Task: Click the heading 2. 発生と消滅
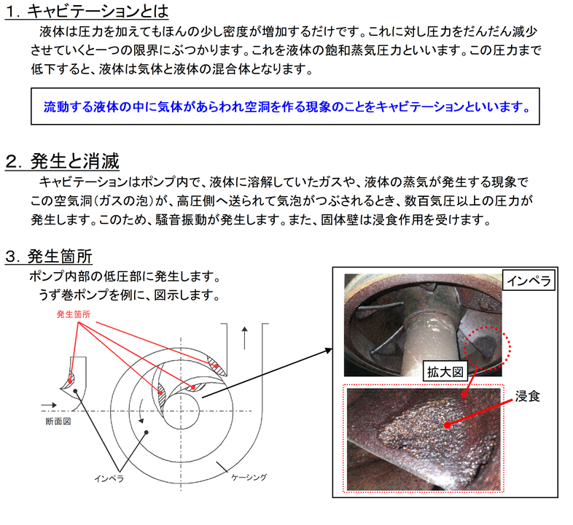pos(63,161)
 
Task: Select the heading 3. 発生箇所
pos(49,256)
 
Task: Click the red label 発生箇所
pos(74,314)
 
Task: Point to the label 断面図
pos(58,421)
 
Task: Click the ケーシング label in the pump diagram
pos(249,478)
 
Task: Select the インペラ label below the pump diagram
pos(109,478)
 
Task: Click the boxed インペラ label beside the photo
pos(529,281)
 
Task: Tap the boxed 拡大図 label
pos(445,372)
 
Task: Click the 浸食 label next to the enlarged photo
pos(527,397)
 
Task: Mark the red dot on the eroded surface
pos(447,425)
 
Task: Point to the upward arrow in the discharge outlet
pos(244,338)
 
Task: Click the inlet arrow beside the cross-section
pos(49,405)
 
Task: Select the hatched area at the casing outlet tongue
pos(217,365)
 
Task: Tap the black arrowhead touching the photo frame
pos(329,350)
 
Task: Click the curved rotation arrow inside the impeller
pos(141,411)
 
